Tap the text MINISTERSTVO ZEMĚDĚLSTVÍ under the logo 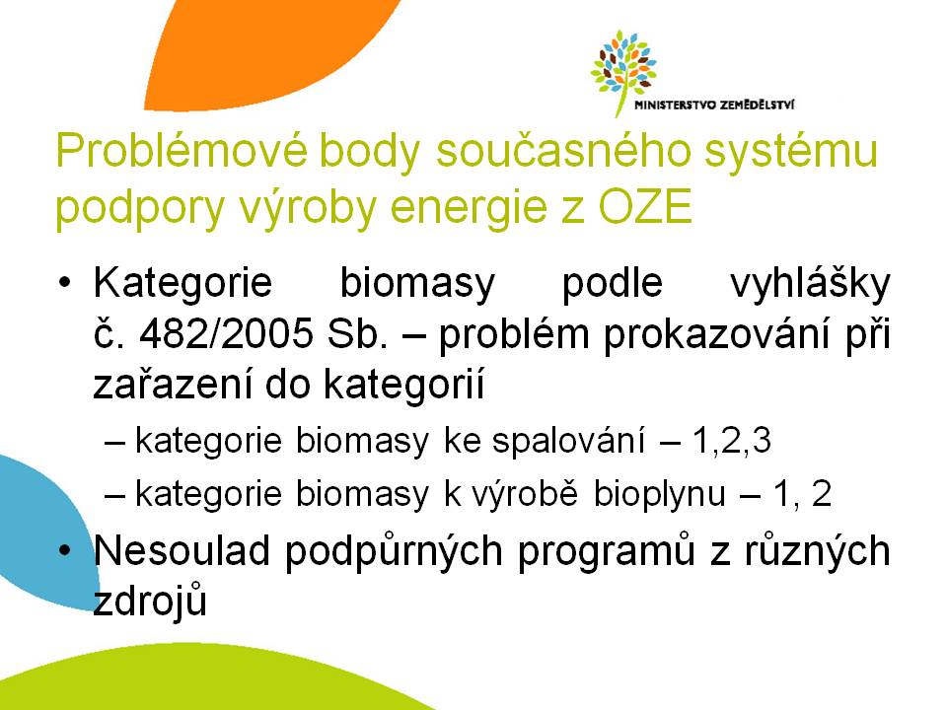pyautogui.click(x=714, y=106)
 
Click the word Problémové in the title pyautogui.click(x=182, y=151)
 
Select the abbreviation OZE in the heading pyautogui.click(x=644, y=206)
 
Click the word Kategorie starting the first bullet pyautogui.click(x=183, y=284)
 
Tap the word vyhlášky pyautogui.click(x=810, y=283)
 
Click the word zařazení pyautogui.click(x=172, y=384)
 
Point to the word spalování pyautogui.click(x=568, y=441)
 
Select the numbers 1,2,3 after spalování pyautogui.click(x=731, y=440)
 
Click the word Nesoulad pyautogui.click(x=182, y=550)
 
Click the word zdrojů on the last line pyautogui.click(x=150, y=602)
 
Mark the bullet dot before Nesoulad pyautogui.click(x=65, y=550)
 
